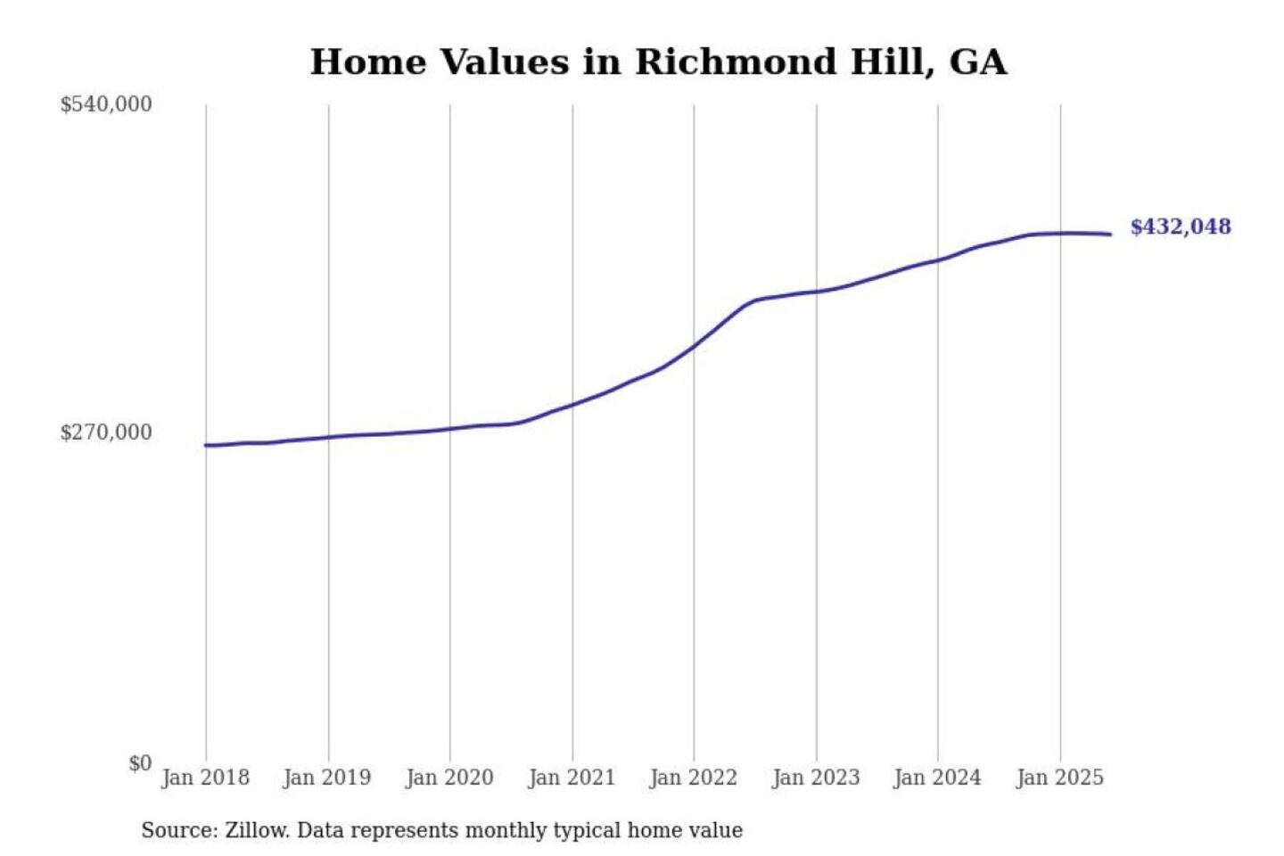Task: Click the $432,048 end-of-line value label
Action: [1180, 226]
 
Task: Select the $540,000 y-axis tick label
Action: [106, 104]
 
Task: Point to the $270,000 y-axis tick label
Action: [106, 432]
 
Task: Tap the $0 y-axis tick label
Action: [139, 763]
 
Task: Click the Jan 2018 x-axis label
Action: [205, 778]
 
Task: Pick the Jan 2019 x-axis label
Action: [326, 778]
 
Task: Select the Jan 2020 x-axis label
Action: [449, 778]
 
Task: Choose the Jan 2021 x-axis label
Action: [572, 778]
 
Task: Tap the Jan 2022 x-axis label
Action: [694, 778]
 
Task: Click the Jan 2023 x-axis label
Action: [816, 778]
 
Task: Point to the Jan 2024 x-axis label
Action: [937, 778]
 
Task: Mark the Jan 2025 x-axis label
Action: [1060, 778]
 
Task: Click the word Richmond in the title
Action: [736, 62]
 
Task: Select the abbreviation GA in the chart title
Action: [978, 62]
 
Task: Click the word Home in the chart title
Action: [368, 62]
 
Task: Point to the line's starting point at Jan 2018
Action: [206, 445]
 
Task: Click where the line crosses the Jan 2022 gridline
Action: [694, 346]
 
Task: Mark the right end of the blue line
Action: [1110, 235]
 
